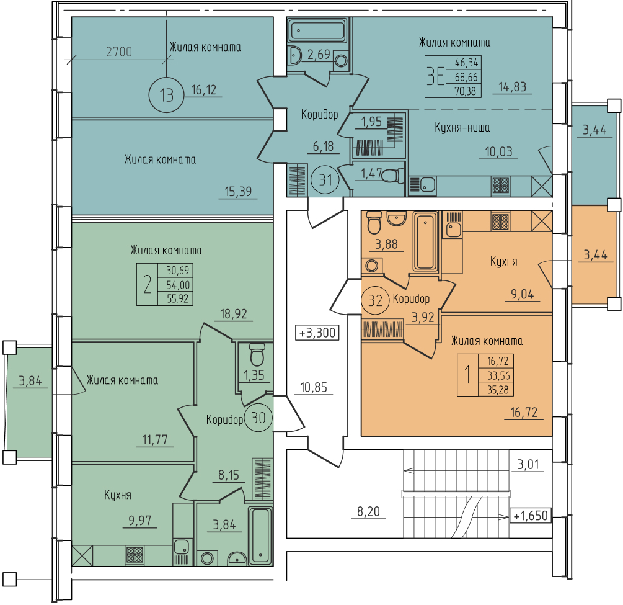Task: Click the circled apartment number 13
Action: pos(167,96)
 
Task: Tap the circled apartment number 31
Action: pos(325,180)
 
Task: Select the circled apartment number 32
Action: pos(375,301)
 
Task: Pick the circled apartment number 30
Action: pos(258,418)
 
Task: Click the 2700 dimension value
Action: pos(119,52)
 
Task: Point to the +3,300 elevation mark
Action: pos(317,332)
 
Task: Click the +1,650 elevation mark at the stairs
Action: pos(531,516)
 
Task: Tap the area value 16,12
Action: pos(204,90)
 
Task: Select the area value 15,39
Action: pos(239,191)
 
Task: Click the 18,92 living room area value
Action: pos(234,314)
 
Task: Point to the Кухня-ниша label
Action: pos(462,128)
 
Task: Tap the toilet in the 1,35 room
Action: pos(257,355)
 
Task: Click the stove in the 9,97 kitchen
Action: pos(135,555)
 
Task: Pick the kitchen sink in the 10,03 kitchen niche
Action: pos(423,186)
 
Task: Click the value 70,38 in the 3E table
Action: pos(466,91)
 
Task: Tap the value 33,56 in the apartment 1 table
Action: pos(498,375)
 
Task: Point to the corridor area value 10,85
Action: pos(314,387)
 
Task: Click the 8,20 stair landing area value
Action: pos(368,511)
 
